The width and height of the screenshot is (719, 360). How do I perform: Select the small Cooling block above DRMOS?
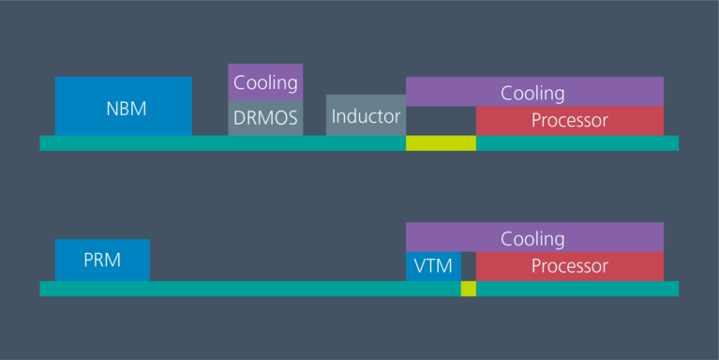tap(265, 82)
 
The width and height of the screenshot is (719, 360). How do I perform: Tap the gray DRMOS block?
tap(265, 118)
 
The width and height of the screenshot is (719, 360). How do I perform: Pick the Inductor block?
tap(366, 115)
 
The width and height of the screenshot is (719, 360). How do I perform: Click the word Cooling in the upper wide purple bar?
tap(532, 93)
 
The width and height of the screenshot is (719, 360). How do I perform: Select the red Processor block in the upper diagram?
tap(569, 121)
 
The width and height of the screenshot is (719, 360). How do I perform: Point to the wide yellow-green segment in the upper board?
tap(441, 143)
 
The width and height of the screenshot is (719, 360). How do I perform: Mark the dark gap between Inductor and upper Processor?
tap(441, 121)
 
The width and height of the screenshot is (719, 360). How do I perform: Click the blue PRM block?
tap(102, 260)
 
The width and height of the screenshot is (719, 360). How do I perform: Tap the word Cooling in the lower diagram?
tap(532, 238)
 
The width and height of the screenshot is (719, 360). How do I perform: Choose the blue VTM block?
tap(433, 266)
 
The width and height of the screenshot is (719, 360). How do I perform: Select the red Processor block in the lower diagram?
tap(569, 266)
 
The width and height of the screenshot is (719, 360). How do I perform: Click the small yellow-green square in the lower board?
tap(468, 289)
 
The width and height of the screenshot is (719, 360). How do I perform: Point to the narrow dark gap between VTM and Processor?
tap(468, 266)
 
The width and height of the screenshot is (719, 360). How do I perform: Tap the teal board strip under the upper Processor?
tap(577, 143)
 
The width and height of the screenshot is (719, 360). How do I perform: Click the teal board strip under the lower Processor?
tap(577, 289)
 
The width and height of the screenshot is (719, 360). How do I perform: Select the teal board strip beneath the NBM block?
tap(123, 143)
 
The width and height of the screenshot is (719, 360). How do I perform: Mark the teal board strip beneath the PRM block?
tap(102, 289)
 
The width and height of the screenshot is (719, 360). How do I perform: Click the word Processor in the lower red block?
tap(569, 266)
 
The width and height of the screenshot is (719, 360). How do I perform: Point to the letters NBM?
tap(126, 108)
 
